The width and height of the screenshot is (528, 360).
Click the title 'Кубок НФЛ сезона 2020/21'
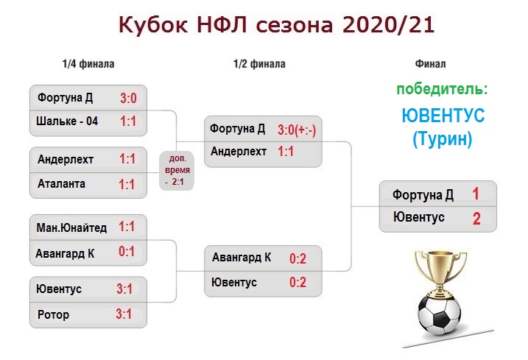276,24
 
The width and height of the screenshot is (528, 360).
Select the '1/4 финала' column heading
88,64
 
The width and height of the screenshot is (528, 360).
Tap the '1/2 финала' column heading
259,64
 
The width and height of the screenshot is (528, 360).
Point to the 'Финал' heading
430,64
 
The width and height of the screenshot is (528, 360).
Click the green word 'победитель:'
442,90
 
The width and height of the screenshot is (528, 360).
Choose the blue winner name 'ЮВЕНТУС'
443,115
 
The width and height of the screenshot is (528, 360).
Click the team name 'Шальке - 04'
67,121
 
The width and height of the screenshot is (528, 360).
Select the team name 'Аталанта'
61,184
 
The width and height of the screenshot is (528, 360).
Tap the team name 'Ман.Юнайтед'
71,227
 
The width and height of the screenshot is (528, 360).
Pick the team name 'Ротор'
53,314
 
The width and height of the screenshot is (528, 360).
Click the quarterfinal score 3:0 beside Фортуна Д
128,99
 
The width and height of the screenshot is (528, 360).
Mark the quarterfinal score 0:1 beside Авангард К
127,252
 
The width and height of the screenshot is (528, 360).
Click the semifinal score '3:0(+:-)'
297,130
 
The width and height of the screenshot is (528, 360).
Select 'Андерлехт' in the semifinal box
239,152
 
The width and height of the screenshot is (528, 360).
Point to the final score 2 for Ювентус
476,219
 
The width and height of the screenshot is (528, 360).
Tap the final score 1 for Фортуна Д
476,194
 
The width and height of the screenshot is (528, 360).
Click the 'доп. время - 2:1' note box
177,170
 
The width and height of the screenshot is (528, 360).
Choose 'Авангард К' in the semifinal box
242,258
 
